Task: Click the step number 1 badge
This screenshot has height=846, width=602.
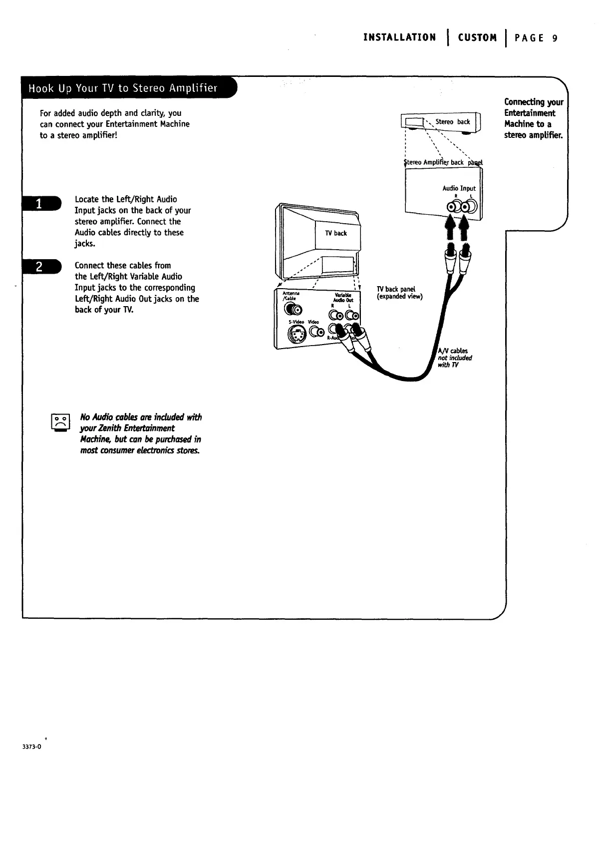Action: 42,204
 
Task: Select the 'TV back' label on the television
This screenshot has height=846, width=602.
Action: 335,233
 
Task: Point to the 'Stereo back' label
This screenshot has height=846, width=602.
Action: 453,122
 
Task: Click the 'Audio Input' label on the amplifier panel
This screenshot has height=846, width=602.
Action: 459,188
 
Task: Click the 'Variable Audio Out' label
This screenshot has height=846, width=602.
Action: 344,297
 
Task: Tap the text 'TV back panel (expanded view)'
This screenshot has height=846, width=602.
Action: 399,293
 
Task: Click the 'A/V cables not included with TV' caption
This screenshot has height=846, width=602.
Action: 454,358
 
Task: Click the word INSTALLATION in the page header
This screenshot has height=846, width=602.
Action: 399,38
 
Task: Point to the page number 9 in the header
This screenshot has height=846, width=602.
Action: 555,38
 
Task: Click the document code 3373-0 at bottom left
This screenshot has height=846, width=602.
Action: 31,747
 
